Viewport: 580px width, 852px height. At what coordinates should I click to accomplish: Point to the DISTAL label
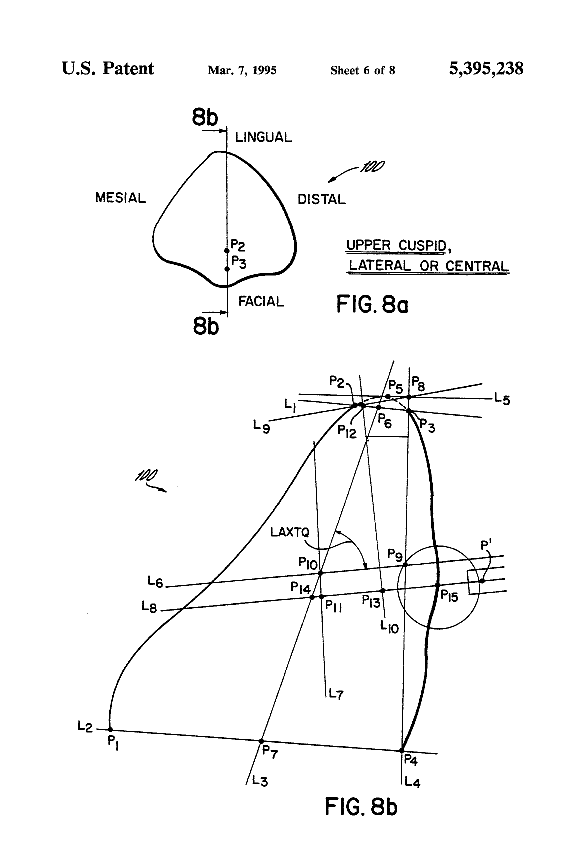(321, 199)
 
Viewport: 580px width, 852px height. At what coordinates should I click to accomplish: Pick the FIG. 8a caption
(372, 304)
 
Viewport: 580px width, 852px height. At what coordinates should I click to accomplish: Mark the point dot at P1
(110, 729)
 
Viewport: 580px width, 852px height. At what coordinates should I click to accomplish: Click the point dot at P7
(261, 741)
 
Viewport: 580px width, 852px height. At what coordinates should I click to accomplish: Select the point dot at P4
(402, 751)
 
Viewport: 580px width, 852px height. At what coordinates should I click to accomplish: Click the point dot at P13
(383, 590)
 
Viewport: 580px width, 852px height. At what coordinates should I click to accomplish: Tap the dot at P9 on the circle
(405, 564)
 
